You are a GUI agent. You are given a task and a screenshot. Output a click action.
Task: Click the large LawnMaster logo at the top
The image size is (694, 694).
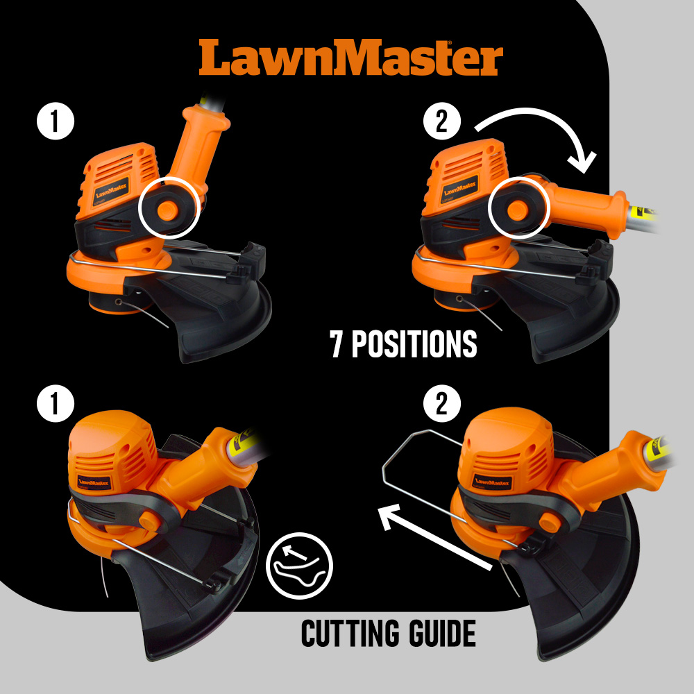[x=350, y=58]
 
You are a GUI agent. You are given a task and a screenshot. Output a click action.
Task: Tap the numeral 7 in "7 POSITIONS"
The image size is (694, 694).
[x=337, y=344]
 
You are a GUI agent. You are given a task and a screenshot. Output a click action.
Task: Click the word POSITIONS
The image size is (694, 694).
[x=414, y=344]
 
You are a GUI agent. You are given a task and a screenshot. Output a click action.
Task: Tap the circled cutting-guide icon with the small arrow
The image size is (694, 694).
[x=299, y=565]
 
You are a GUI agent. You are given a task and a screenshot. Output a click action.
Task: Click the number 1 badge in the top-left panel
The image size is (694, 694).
[x=56, y=121]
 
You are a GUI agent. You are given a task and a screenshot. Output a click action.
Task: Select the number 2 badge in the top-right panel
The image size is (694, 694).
[x=441, y=121]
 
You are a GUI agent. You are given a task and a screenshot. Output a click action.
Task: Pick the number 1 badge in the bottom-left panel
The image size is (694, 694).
[x=56, y=403]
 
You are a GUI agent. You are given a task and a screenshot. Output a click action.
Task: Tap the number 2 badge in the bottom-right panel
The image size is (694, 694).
[x=441, y=403]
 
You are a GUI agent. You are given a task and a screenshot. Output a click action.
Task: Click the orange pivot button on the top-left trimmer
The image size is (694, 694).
[x=168, y=210]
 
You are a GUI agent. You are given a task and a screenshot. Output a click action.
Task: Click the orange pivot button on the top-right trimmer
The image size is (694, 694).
[x=517, y=210]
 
